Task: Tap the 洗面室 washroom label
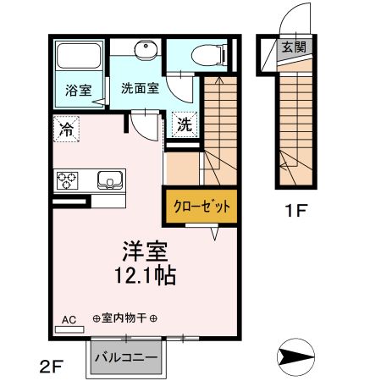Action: pos(138,87)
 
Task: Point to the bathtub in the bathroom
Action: pos(78,58)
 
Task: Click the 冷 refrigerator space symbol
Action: pos(65,130)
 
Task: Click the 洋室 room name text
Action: pos(141,251)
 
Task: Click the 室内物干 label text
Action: pos(124,318)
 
